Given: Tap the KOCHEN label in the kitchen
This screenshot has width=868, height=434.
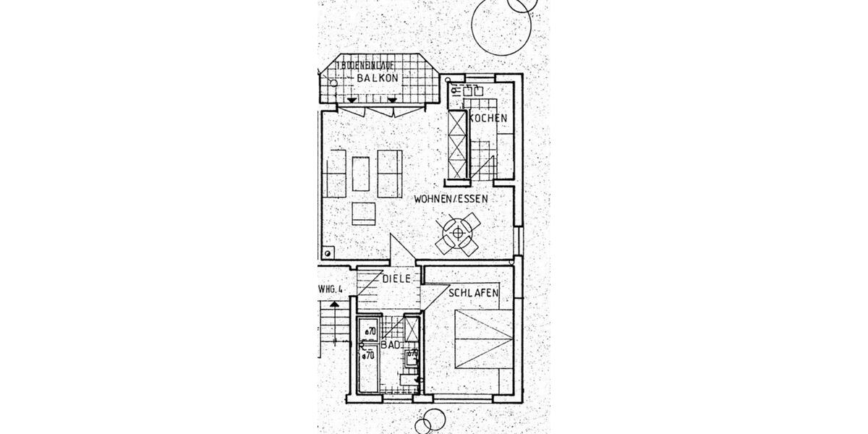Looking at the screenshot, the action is tap(489, 118).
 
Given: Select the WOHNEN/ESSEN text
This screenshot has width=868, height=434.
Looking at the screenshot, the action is tap(451, 198).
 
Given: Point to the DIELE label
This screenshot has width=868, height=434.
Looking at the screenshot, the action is tap(397, 278).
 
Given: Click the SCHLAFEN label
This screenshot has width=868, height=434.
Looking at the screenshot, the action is tap(475, 293).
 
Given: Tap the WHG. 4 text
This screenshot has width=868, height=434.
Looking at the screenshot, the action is tap(330, 289).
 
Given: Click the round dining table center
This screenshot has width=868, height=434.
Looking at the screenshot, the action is tap(457, 232).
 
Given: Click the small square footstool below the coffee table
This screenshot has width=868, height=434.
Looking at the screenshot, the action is tap(364, 213).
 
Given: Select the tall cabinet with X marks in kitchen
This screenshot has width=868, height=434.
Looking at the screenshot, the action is tap(458, 144).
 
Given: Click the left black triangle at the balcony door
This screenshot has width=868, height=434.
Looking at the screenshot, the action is tap(352, 99).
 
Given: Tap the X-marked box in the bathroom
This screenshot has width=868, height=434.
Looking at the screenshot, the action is tap(412, 329).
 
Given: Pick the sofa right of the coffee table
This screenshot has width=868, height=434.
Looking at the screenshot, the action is tap(390, 174).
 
